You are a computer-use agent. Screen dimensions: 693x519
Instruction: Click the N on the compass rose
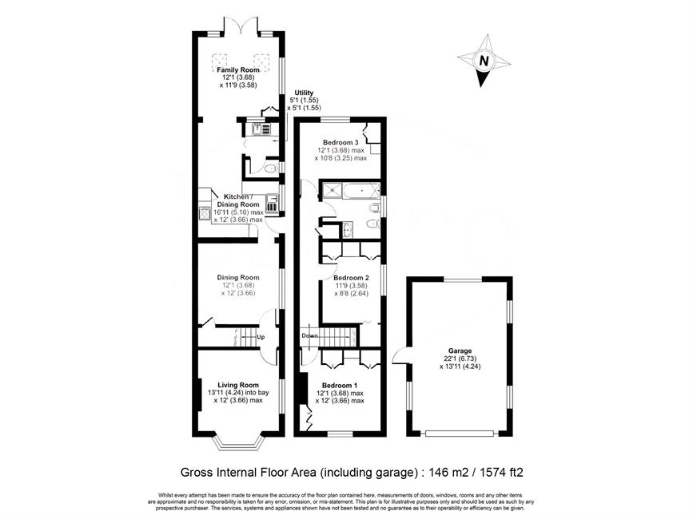(484, 61)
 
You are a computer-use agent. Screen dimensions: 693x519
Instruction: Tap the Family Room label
(237, 69)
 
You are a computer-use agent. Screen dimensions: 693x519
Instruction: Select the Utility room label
(304, 93)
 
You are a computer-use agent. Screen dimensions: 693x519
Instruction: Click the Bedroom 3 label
(341, 143)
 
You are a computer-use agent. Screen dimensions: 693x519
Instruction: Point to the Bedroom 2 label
(351, 278)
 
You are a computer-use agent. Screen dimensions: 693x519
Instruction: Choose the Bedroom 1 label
(340, 386)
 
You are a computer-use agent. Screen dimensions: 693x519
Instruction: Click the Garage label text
(460, 351)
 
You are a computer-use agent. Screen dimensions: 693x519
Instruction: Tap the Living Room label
(237, 385)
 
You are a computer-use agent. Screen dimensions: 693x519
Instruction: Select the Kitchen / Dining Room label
(237, 200)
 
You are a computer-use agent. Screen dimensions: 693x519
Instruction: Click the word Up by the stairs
(261, 337)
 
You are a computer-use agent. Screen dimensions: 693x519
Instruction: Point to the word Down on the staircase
(309, 336)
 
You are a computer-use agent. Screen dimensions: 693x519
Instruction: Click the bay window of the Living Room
(238, 442)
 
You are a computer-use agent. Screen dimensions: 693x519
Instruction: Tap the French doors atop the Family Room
(241, 26)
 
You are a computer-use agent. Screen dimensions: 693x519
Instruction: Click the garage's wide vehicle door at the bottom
(460, 434)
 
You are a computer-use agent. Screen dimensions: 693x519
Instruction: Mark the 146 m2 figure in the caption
(444, 473)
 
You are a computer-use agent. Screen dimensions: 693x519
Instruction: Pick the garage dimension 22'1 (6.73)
(460, 359)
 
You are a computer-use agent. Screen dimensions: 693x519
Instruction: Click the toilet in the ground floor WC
(269, 168)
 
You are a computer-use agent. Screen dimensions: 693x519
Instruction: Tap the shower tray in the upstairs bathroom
(331, 190)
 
